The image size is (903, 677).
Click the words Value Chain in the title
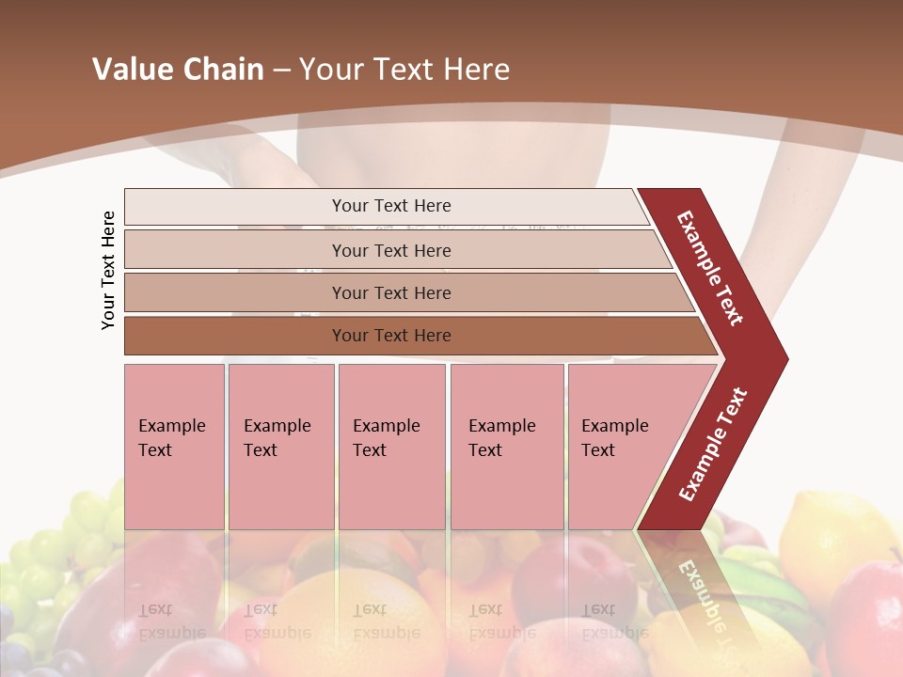(x=178, y=70)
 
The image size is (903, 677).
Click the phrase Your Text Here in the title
(x=404, y=70)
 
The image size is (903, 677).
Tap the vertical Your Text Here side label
(x=109, y=270)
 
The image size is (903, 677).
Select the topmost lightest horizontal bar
(x=391, y=206)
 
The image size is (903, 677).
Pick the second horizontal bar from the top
(x=391, y=250)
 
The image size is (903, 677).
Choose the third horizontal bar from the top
(x=391, y=292)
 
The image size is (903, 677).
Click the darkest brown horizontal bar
(x=391, y=336)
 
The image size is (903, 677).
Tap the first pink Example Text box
(x=174, y=447)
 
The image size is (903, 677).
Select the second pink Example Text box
(x=280, y=447)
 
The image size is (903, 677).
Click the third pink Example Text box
(x=390, y=447)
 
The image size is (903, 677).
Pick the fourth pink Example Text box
(x=506, y=447)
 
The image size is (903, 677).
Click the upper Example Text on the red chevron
(x=710, y=268)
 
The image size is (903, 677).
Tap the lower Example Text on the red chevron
(x=713, y=445)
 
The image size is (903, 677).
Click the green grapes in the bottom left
(x=56, y=555)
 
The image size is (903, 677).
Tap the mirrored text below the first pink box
(x=171, y=621)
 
